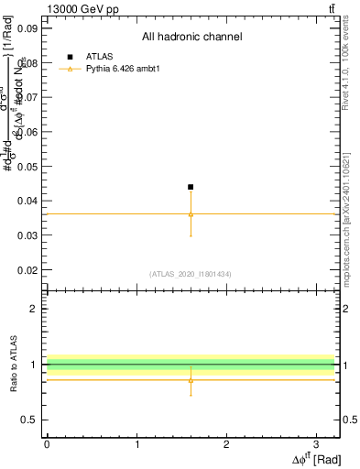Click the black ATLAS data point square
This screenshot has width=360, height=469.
[x=191, y=187]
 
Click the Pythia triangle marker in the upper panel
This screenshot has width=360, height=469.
[x=191, y=214]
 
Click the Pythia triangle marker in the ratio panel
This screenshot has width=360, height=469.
[x=191, y=379]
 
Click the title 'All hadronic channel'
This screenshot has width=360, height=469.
[x=191, y=38]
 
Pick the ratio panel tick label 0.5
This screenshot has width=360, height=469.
[x=30, y=420]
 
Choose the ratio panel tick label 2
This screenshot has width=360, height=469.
[x=36, y=309]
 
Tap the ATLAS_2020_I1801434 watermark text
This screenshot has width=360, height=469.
[x=191, y=274]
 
